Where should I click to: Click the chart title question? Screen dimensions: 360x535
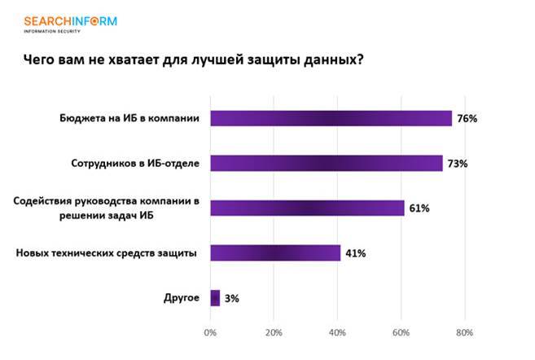tap(192, 59)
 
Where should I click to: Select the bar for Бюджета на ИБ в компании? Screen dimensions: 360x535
tap(331, 118)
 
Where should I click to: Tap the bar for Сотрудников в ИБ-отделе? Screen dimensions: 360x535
tap(326, 163)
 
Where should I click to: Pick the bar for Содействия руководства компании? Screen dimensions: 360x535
tap(307, 208)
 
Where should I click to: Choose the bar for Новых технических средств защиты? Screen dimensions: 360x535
tap(275, 252)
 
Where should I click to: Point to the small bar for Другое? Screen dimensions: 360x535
tap(215, 297)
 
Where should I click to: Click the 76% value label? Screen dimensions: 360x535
tap(467, 119)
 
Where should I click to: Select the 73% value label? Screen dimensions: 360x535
tap(457, 164)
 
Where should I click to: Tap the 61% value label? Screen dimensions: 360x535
tap(419, 209)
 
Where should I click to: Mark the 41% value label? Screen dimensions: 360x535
tap(355, 253)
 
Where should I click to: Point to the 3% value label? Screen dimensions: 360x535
tap(231, 298)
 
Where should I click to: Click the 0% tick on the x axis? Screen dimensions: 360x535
tap(210, 332)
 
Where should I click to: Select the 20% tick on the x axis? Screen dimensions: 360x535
tap(274, 332)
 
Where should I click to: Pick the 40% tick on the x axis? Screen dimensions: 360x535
tap(337, 332)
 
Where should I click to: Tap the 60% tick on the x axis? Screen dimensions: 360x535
tap(401, 332)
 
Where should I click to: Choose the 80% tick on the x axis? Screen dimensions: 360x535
tap(464, 332)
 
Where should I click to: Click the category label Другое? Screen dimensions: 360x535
tap(182, 297)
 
